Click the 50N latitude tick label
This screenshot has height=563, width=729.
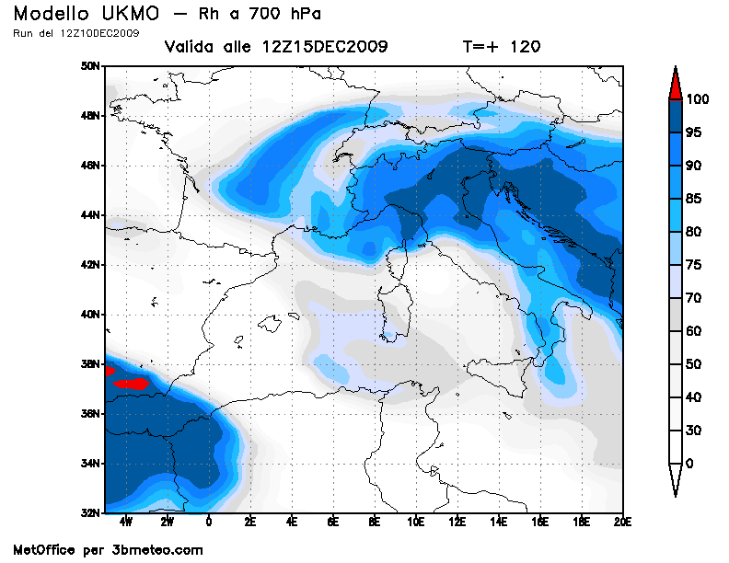tap(90, 66)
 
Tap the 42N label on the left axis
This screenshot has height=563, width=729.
tap(90, 265)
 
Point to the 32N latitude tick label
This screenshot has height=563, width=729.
tap(90, 512)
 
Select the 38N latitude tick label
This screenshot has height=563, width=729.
tap(90, 364)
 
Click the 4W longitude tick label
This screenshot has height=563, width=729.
tap(126, 523)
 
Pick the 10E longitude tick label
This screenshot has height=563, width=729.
tap(415, 523)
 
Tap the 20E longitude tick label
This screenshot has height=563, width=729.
tap(622, 523)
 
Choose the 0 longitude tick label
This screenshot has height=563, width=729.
tap(209, 523)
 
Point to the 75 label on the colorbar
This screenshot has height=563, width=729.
tap(693, 265)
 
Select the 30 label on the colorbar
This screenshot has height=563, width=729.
tap(693, 431)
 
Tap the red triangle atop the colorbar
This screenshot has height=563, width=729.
tap(675, 84)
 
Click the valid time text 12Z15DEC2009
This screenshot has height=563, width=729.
tap(325, 47)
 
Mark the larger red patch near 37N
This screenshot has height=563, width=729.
tap(134, 384)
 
